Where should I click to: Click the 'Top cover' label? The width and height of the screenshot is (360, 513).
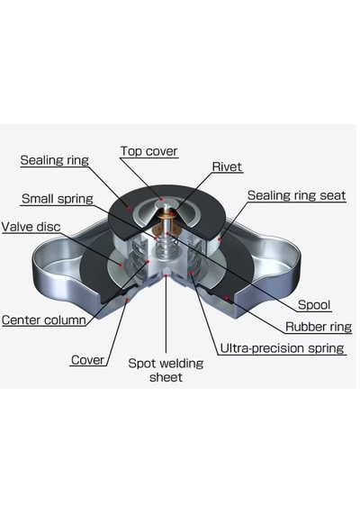point(148,151)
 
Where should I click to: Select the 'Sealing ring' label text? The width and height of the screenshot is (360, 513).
point(54,160)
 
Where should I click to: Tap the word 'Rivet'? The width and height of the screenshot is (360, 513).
point(227,166)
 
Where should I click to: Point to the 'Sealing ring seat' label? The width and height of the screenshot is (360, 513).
point(296,195)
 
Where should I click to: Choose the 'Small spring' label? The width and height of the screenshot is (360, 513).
point(58,199)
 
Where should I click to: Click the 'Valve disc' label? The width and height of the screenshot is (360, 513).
point(31,227)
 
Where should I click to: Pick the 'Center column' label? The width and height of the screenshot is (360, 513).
point(43,319)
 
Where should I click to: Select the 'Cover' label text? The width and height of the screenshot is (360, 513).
point(87,360)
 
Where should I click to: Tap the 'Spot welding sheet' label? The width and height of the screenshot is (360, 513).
point(166,370)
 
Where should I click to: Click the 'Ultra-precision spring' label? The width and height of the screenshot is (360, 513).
point(282,347)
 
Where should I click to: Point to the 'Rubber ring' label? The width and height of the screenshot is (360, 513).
point(319,327)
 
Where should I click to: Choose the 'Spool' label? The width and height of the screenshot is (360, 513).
point(314,305)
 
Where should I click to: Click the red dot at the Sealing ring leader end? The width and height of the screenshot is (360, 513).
point(130,207)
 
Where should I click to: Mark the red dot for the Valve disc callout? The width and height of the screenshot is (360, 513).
point(121,265)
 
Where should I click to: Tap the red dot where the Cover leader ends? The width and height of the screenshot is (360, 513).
point(127,299)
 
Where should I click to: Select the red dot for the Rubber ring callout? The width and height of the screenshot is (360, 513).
point(226,298)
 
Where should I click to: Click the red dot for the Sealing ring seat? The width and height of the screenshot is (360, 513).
point(220,238)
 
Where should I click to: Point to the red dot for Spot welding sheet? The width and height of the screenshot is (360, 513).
point(166,276)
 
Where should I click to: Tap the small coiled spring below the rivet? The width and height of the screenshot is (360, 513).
point(166,247)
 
